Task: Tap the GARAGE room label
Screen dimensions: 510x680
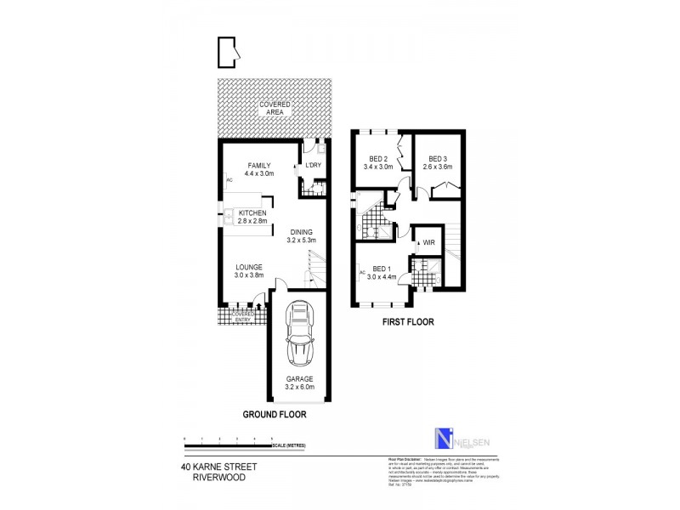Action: click(298, 379)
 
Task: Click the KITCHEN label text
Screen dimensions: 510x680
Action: click(252, 212)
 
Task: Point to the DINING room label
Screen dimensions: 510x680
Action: click(301, 232)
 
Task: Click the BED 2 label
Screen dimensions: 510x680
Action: click(378, 159)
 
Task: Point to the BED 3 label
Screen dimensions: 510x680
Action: click(438, 159)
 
